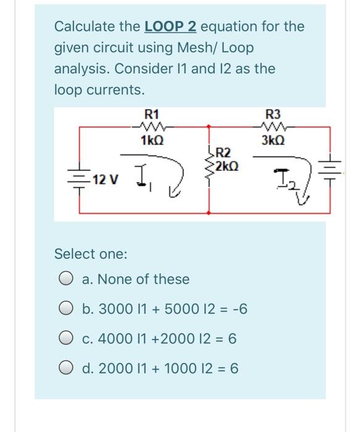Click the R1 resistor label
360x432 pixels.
coord(151,114)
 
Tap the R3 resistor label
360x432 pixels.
coord(272,114)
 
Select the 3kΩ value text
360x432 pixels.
coord(272,141)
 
